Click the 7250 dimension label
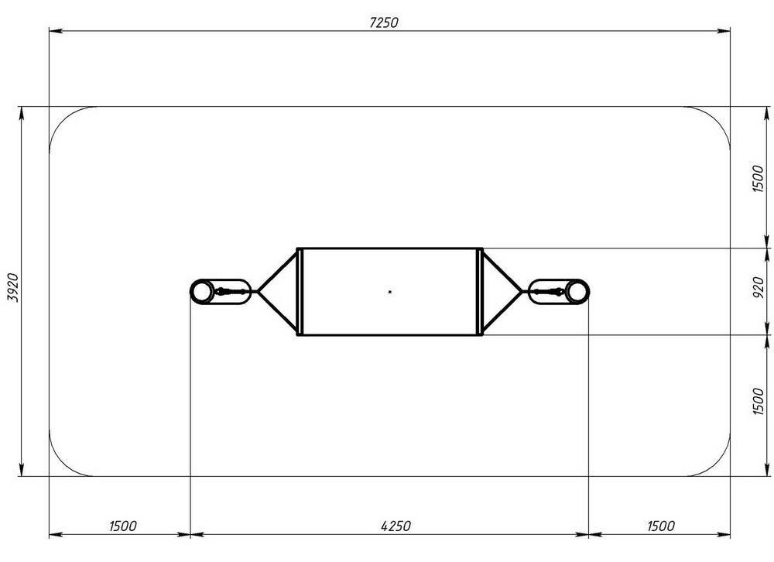point(384,22)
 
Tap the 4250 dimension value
point(396,526)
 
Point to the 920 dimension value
point(759,287)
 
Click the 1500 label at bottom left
point(123,526)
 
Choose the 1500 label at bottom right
point(660,526)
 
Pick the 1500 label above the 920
point(759,179)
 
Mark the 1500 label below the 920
point(759,401)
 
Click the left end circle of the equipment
point(201,292)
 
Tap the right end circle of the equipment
point(577,292)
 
